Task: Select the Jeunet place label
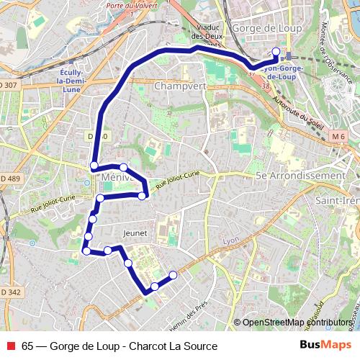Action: [x=135, y=233]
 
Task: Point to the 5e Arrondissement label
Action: [x=300, y=176]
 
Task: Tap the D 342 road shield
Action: [x=9, y=292]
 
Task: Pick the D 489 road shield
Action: [x=9, y=179]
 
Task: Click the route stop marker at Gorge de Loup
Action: [x=276, y=51]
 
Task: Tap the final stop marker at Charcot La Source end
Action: [x=173, y=274]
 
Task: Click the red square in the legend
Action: [x=9, y=346]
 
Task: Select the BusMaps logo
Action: [x=325, y=345]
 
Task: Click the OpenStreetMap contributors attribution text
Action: [x=297, y=322]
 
